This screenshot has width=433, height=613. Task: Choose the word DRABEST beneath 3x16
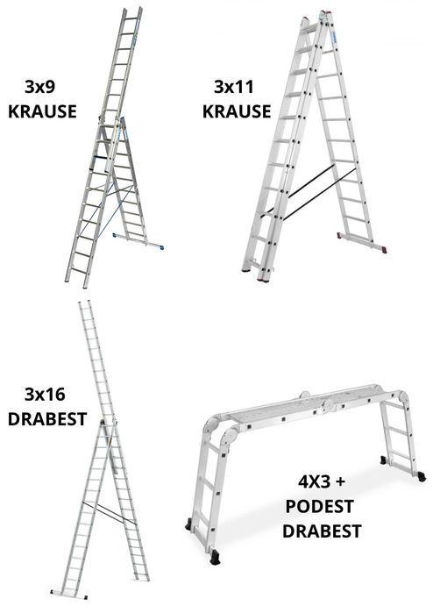[x=47, y=418]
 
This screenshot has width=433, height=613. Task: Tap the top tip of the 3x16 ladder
[x=83, y=305]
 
